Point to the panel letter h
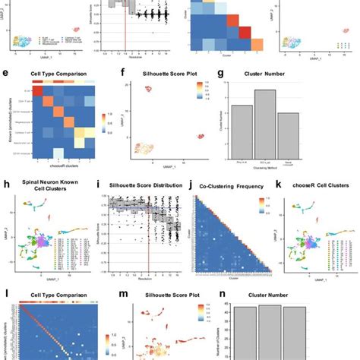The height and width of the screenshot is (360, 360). [x=7, y=185]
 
